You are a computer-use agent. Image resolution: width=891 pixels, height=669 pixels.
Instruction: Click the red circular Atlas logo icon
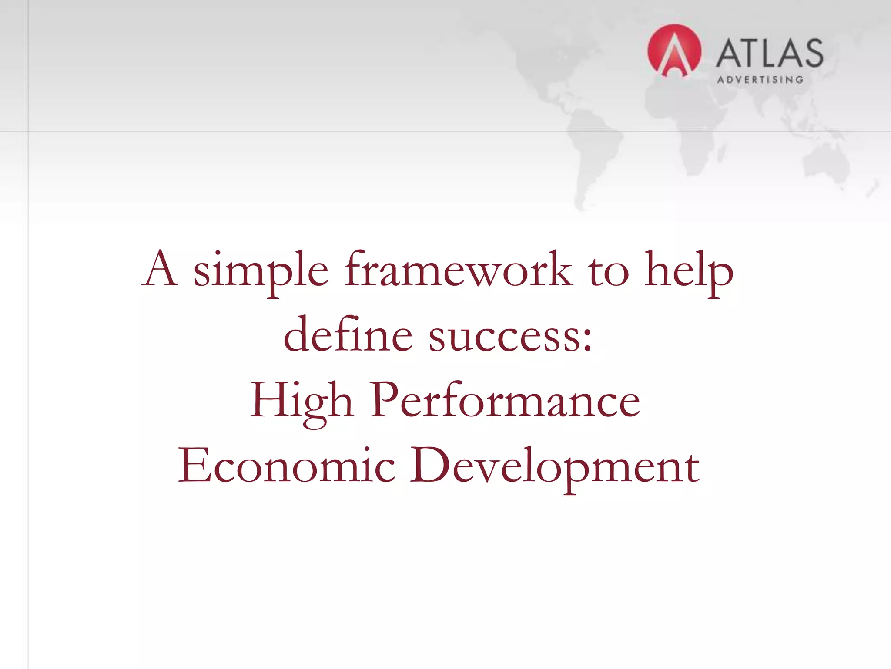pos(674,51)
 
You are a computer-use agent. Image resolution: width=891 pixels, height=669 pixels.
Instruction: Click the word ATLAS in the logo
pos(769,53)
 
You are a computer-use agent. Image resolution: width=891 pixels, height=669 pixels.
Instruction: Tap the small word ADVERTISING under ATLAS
pos(760,80)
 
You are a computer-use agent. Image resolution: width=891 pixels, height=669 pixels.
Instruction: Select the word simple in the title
pos(261,271)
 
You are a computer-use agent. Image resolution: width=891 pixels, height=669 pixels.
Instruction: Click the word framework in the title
pos(459,270)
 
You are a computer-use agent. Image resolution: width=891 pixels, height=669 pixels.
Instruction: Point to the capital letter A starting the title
pos(160,269)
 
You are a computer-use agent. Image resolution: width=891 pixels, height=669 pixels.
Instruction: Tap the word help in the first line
pos(688,271)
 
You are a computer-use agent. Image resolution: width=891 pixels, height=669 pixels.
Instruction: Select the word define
pos(348,334)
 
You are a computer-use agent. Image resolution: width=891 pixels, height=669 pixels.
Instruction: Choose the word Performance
pos(505,400)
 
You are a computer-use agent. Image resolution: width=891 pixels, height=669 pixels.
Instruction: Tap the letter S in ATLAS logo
pos(811,53)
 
